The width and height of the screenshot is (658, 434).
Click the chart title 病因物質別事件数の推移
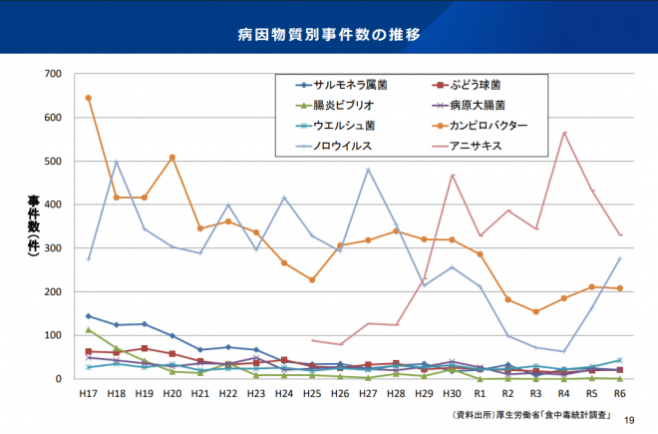pyautogui.click(x=329, y=34)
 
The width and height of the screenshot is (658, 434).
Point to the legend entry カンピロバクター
pyautogui.click(x=488, y=126)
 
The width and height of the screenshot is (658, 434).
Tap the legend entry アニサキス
pyautogui.click(x=477, y=146)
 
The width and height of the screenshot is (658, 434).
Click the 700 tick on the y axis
pyautogui.click(x=52, y=74)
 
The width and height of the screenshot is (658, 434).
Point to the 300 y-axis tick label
pyautogui.click(x=52, y=248)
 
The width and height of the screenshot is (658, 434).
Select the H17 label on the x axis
pyautogui.click(x=88, y=394)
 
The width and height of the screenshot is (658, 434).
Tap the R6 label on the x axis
pyautogui.click(x=619, y=394)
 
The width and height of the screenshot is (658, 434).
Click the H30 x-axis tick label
pyautogui.click(x=452, y=394)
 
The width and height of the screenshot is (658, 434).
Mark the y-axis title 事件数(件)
pyautogui.click(x=32, y=225)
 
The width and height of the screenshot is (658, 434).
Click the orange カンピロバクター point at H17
pyautogui.click(x=89, y=98)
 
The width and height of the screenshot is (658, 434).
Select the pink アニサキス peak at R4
pyautogui.click(x=564, y=133)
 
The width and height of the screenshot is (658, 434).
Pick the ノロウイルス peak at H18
pyautogui.click(x=117, y=162)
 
